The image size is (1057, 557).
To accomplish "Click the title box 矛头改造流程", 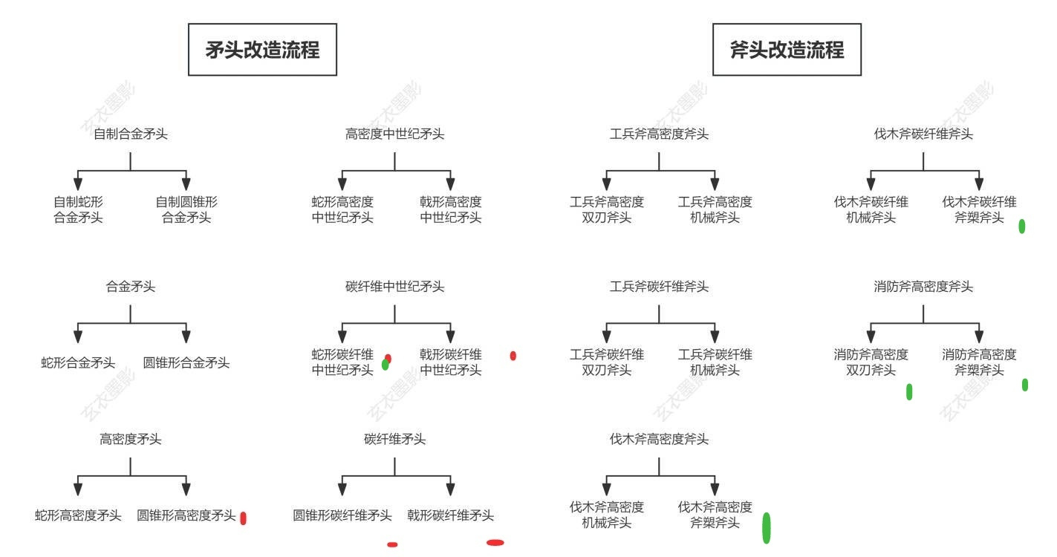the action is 262,50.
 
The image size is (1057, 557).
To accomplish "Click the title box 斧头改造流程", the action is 787,50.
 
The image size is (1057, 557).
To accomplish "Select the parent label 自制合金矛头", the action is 131,134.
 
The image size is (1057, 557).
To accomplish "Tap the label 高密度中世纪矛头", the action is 394,134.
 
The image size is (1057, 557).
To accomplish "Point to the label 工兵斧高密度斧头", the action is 659,134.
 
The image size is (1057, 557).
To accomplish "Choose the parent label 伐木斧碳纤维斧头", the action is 923,134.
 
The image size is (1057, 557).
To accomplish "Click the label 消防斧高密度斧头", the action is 923,286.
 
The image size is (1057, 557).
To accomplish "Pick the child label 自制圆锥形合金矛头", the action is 186,209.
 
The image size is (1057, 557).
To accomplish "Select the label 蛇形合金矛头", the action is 78,362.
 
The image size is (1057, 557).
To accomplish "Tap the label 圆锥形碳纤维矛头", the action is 342,515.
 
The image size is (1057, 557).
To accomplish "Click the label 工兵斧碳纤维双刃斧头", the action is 606,362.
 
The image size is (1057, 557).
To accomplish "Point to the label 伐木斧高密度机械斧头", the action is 606,515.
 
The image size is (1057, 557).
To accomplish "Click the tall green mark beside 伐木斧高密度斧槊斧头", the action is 767,528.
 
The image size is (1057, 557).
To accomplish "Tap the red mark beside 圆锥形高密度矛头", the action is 243,518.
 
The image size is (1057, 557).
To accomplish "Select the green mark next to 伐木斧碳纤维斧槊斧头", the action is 1021,227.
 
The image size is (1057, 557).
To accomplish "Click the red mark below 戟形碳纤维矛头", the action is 495,542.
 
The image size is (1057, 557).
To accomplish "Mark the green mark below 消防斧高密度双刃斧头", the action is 909,392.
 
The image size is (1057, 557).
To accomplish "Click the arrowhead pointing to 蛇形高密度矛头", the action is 78,489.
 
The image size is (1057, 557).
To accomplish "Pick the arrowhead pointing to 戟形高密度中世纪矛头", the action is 451,184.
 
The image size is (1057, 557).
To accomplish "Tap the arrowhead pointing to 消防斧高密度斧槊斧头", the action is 979,336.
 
